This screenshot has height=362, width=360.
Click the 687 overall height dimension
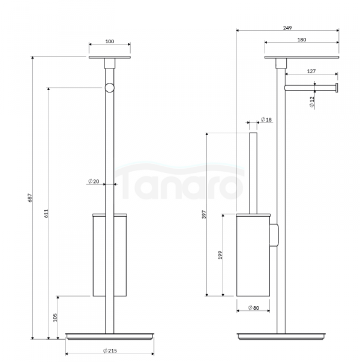pyautogui.click(x=30, y=198)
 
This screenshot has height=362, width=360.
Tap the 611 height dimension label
pyautogui.click(x=46, y=214)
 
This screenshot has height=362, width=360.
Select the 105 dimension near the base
pyautogui.click(x=55, y=318)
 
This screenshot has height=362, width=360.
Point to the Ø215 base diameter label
pyautogui.click(x=110, y=351)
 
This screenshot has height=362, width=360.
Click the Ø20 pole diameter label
pyautogui.click(x=94, y=181)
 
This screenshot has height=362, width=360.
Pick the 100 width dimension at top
pyautogui.click(x=110, y=41)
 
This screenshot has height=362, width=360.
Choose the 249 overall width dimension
pyautogui.click(x=287, y=28)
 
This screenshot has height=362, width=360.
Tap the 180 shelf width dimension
pyautogui.click(x=302, y=40)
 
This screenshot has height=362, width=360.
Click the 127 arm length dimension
pyautogui.click(x=311, y=71)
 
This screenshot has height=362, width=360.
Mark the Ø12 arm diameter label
pyautogui.click(x=312, y=102)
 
